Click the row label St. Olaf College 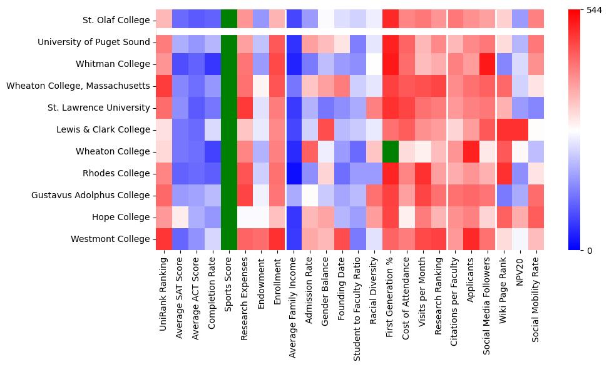[x=116, y=20]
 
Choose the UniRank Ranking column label [x=164, y=294]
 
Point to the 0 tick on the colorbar [x=591, y=251]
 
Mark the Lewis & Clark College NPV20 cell [x=520, y=129]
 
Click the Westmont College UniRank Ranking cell [x=164, y=239]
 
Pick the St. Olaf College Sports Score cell [x=229, y=20]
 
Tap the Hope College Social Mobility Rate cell [x=536, y=217]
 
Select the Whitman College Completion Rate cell [x=213, y=64]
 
